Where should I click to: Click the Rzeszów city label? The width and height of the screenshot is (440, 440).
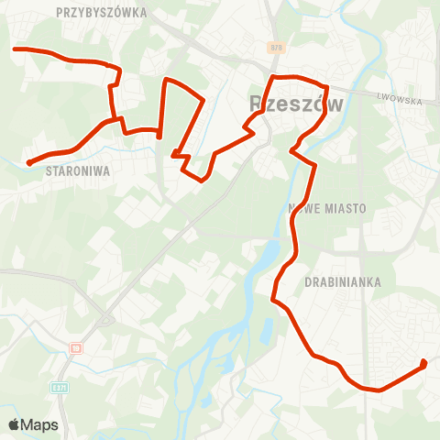(296, 104)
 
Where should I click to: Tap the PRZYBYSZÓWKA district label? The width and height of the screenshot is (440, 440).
(101, 13)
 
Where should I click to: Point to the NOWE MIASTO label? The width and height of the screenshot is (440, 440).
(326, 209)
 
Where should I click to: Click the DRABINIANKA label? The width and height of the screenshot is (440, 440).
(343, 282)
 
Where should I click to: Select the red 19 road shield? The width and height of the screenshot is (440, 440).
(76, 348)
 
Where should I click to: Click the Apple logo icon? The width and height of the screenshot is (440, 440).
(15, 424)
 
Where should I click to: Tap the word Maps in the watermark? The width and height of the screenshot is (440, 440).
(40, 425)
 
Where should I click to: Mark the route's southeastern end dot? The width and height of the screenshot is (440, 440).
(423, 364)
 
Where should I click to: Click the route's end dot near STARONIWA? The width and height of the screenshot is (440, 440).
(29, 163)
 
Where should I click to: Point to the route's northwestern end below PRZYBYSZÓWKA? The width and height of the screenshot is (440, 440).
(14, 49)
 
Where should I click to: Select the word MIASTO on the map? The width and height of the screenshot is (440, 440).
(345, 209)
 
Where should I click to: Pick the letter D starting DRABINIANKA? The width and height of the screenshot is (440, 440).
(308, 282)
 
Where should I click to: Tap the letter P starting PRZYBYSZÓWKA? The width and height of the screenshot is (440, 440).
(59, 13)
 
